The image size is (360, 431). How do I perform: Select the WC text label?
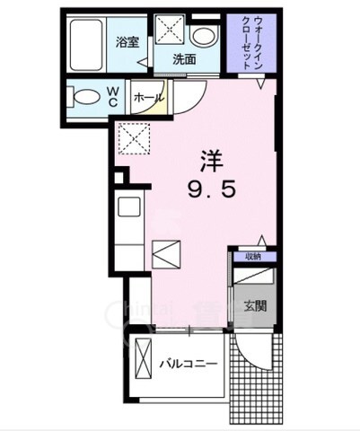pyautogui.click(x=116, y=96)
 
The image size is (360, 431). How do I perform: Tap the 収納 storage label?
pyautogui.click(x=250, y=257)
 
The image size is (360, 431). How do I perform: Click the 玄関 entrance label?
pyautogui.click(x=254, y=305)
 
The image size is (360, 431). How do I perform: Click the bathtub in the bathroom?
pyautogui.click(x=88, y=45)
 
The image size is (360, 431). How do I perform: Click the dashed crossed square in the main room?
pyautogui.click(x=134, y=139)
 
